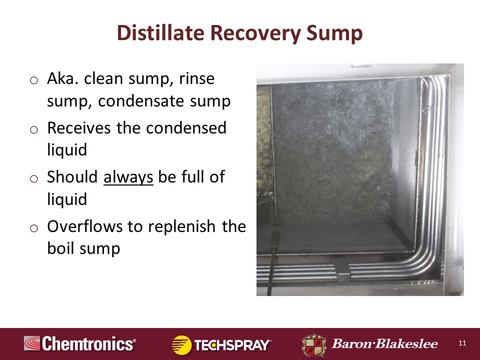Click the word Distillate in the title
point(160,32)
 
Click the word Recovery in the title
point(255,33)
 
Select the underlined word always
point(128,177)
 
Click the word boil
point(61,248)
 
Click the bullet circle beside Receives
point(34,129)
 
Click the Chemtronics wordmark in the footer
point(89,343)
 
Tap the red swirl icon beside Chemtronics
point(32,343)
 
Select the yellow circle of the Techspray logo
point(181,344)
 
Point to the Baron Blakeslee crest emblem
point(314,345)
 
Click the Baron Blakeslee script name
point(385,344)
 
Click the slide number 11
point(462,343)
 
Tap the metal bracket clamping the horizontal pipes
point(342,269)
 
